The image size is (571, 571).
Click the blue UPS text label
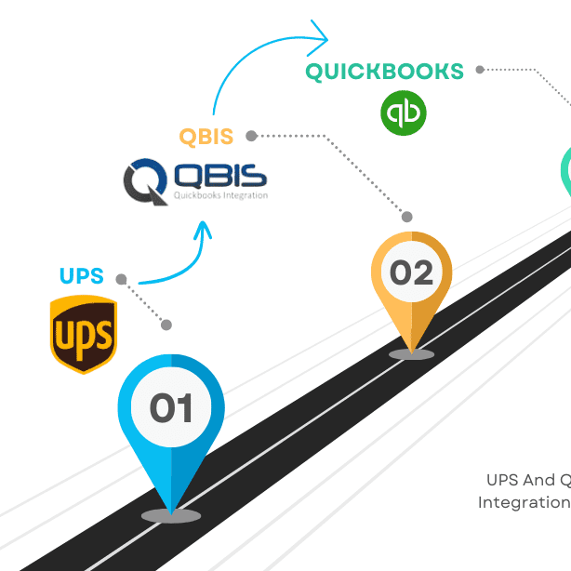point(81,276)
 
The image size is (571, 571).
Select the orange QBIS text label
point(206,137)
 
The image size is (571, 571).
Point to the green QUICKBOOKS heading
point(384,72)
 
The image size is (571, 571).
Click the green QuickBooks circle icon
point(403,113)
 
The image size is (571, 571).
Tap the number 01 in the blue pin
point(171,408)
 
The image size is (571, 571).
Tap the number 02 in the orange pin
point(411,272)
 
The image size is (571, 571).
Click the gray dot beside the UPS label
point(121,278)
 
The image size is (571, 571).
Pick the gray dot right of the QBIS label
point(251,136)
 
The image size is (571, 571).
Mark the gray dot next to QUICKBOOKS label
point(480,70)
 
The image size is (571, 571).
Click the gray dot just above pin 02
point(406,217)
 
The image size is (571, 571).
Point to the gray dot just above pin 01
point(166,325)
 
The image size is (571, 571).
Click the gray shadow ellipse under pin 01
point(171,515)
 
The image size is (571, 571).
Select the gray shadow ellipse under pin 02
point(411,353)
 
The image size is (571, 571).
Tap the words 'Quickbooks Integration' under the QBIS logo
point(220,195)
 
